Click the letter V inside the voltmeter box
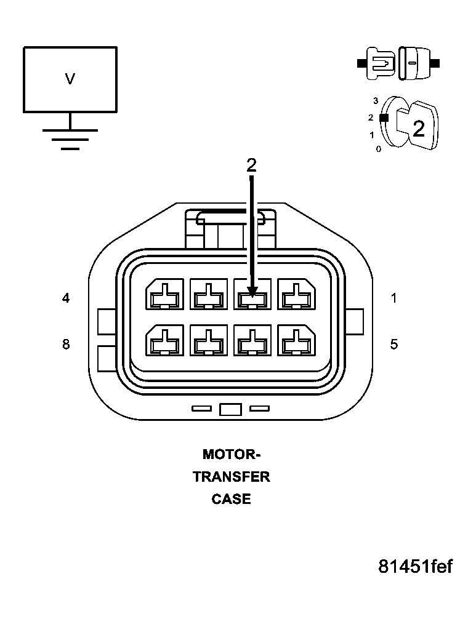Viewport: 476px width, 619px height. tap(70, 79)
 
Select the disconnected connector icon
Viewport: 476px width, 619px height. tap(399, 63)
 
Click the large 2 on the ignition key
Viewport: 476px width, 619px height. tap(418, 129)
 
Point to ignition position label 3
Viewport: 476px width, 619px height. tap(376, 100)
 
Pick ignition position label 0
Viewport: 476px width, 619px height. tap(378, 149)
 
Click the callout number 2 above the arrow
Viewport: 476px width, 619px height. tap(251, 165)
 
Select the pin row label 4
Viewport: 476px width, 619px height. tap(66, 298)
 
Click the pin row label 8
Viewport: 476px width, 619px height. tap(66, 344)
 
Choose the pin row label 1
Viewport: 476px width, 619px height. tap(394, 298)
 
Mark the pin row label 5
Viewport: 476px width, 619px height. tap(394, 344)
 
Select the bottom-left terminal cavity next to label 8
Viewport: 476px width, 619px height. tap(164, 340)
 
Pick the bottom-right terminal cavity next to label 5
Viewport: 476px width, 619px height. tap(297, 340)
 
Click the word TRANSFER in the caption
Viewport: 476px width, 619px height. tap(232, 477)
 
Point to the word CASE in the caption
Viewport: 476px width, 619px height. tap(232, 499)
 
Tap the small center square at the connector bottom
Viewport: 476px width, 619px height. tap(230, 409)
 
